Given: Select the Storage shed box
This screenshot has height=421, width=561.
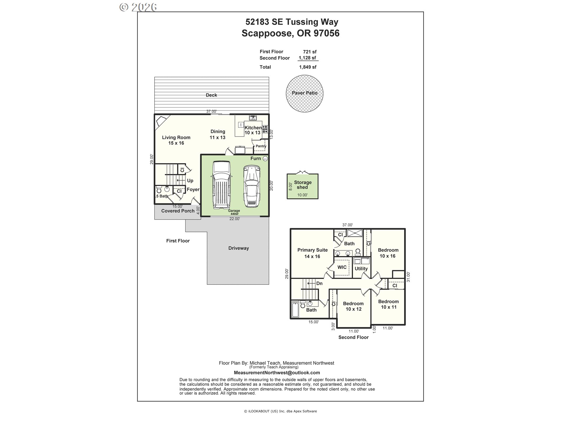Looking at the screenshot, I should [x=302, y=186].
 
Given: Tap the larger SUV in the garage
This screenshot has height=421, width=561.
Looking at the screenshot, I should [x=221, y=184].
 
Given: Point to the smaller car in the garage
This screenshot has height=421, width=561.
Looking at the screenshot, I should [x=252, y=186].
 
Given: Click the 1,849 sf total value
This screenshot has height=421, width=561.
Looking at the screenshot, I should [x=307, y=67].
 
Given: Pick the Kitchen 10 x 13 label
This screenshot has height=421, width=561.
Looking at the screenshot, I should [x=253, y=130].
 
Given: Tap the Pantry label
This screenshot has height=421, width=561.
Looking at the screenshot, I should [x=261, y=146].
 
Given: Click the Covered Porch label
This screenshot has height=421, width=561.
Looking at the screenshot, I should [x=178, y=211].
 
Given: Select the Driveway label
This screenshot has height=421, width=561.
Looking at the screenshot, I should [x=238, y=248].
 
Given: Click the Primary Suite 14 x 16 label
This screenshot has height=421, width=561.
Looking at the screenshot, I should [x=312, y=253].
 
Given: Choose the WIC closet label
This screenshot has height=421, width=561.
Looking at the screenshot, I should [x=342, y=267].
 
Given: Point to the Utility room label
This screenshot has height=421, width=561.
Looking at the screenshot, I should [x=361, y=269].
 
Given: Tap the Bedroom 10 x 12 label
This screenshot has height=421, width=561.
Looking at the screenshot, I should [x=353, y=306].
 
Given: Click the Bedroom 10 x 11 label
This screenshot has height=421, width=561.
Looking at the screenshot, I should [x=388, y=304].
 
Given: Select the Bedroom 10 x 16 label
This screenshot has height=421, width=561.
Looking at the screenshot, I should [x=388, y=253].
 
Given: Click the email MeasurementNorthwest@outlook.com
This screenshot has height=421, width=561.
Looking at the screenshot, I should [x=277, y=373].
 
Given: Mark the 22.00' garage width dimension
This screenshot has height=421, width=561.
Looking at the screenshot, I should [x=234, y=219].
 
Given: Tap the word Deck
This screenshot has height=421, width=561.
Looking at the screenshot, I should [x=211, y=95].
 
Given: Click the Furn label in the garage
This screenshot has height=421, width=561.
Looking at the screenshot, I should [x=255, y=158].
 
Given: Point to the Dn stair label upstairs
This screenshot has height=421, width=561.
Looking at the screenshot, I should [x=319, y=283].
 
